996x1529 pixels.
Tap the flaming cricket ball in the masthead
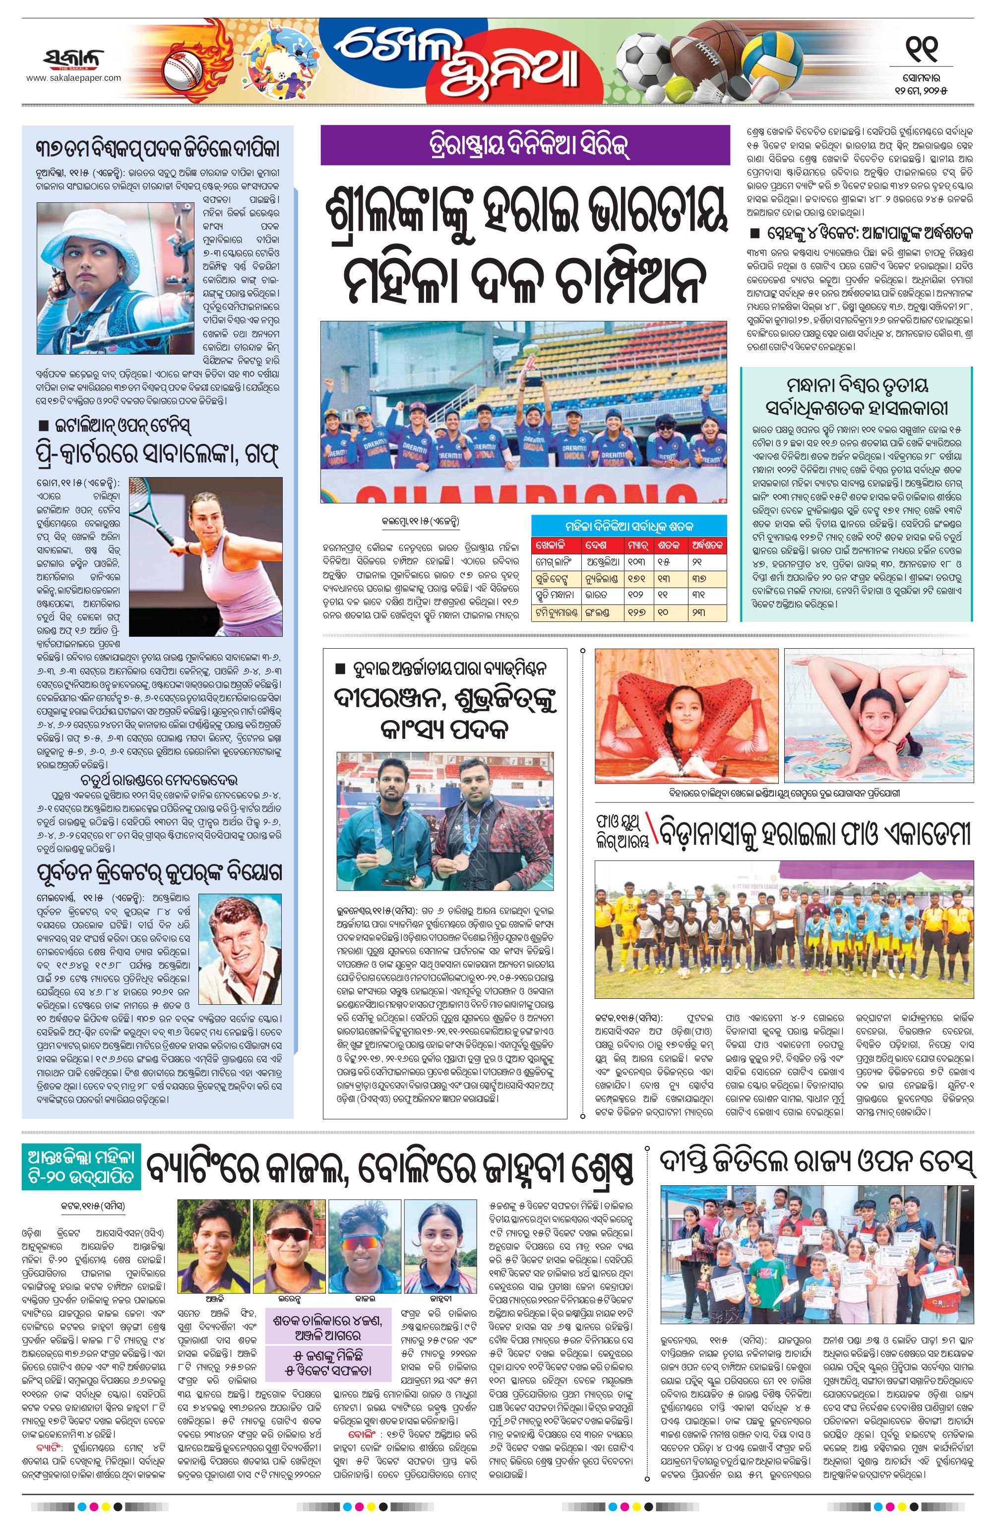pos(180,66)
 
